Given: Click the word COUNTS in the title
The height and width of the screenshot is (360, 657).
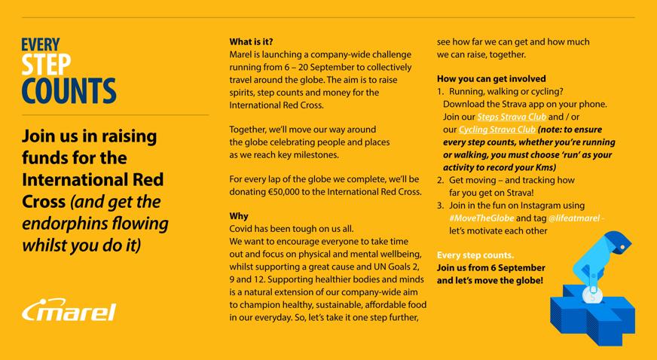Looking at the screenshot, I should point(69,90).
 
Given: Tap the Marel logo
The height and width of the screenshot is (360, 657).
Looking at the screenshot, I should point(69,310).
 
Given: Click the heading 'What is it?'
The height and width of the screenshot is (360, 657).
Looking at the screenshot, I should point(252,42).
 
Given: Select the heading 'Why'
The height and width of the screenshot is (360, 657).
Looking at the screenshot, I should point(239,216).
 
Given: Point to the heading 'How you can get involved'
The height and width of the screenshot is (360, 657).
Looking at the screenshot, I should point(491,78).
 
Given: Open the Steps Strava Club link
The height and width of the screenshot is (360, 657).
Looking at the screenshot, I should point(512,117).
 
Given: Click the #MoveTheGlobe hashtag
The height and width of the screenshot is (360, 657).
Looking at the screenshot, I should point(481,218).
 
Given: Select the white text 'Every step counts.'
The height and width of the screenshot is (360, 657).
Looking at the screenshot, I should point(475,255).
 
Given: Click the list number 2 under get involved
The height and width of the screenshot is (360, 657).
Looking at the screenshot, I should point(441,180).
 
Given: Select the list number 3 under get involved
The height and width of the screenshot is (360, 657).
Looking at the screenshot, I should point(441,205).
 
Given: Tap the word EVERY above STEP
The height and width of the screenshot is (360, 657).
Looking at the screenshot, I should point(41,44).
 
